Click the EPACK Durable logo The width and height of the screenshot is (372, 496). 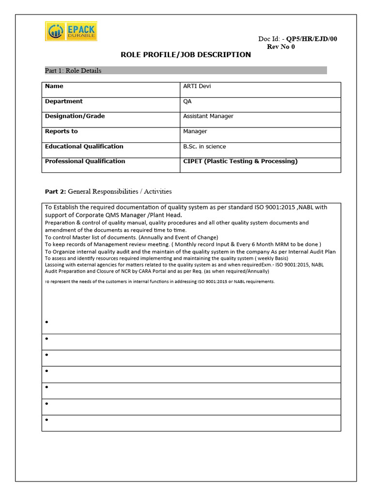pyautogui.click(x=71, y=31)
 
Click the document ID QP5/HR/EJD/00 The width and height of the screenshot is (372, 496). pyautogui.click(x=311, y=39)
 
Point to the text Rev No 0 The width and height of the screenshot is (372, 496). pyautogui.click(x=281, y=47)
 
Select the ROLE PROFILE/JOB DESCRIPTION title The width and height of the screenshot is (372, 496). pyautogui.click(x=186, y=55)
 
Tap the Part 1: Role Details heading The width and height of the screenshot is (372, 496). pyautogui.click(x=73, y=71)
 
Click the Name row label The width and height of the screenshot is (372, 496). pyautogui.click(x=54, y=86)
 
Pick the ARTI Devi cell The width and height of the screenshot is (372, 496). pyautogui.click(x=197, y=86)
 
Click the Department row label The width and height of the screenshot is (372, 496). pyautogui.click(x=64, y=101)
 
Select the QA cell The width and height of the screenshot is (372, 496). pyautogui.click(x=187, y=101)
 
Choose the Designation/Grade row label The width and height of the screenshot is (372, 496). pyautogui.click(x=75, y=116)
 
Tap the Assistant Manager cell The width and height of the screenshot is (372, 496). pyautogui.click(x=208, y=116)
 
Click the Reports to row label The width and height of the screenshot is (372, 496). pyautogui.click(x=61, y=131)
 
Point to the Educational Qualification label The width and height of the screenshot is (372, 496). pyautogui.click(x=84, y=146)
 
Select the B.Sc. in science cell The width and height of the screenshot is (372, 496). pyautogui.click(x=204, y=146)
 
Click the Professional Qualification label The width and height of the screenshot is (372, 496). pyautogui.click(x=85, y=161)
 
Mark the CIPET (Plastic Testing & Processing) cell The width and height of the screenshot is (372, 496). pyautogui.click(x=240, y=161)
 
